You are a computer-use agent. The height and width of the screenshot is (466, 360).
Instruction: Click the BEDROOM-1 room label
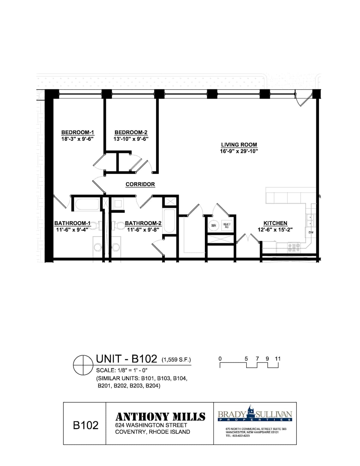coord(78,132)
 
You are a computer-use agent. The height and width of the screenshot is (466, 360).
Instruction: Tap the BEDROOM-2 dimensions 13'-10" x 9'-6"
coord(131,139)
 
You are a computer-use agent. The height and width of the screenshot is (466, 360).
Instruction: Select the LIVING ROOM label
coord(239,145)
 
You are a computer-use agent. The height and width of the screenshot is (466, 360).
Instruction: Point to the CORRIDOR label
coord(140,184)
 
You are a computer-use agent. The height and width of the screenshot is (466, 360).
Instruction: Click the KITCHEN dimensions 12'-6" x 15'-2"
coord(275,230)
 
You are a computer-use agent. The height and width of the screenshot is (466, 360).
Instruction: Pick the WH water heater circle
coord(213,226)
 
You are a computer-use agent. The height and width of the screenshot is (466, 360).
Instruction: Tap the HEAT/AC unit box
coord(226,226)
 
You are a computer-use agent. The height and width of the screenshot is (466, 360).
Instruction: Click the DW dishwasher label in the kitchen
coord(311,232)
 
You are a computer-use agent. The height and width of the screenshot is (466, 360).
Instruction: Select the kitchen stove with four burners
coord(294,248)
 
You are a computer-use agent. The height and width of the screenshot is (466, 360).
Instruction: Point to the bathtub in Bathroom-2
coord(169,221)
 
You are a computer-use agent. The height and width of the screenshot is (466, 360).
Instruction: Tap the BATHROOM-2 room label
coord(143,223)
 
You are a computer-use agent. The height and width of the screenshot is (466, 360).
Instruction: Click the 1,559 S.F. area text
coord(176,360)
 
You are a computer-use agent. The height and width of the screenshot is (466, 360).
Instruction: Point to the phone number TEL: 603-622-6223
coord(238,436)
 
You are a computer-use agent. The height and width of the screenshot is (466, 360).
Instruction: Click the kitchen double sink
coord(310,221)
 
